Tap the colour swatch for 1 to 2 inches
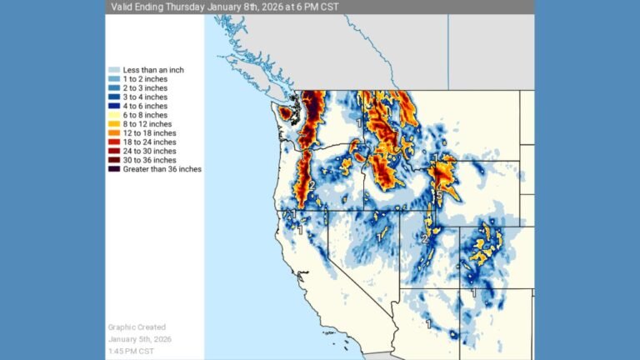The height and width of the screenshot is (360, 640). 114,78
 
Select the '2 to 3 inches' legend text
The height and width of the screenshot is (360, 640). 145,87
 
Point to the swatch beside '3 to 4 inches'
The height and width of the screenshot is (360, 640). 114,97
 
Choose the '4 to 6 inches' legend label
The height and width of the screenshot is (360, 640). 145,106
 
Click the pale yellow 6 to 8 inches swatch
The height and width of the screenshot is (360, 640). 114,115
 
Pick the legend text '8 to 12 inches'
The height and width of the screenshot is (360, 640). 147,124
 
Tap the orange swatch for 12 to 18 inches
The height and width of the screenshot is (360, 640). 114,133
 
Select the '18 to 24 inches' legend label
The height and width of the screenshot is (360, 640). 150,142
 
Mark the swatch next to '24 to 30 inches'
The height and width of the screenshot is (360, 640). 114,151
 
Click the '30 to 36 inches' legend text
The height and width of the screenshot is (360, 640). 150,160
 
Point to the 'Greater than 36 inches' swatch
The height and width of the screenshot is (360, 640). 114,169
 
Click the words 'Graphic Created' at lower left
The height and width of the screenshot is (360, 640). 137,327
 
